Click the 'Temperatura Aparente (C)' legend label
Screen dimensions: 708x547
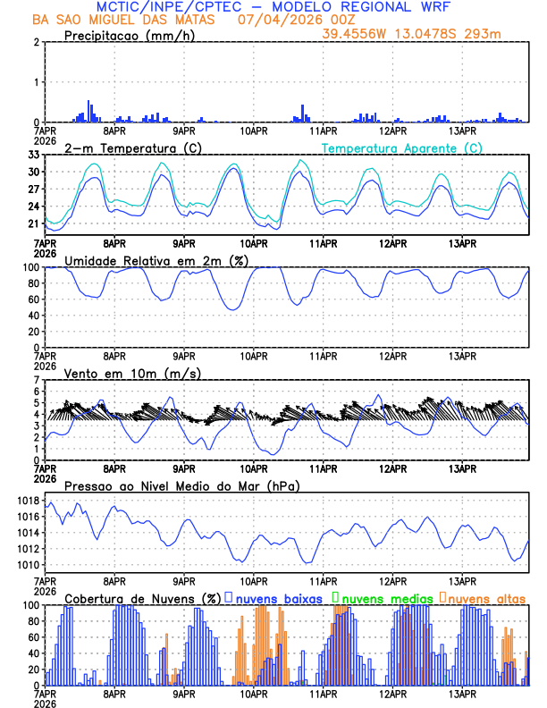(402, 147)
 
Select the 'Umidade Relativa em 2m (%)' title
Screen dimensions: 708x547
(156, 260)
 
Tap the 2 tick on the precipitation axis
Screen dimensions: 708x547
(37, 42)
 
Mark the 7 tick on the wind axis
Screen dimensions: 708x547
(37, 380)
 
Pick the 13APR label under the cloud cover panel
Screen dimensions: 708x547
(462, 693)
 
